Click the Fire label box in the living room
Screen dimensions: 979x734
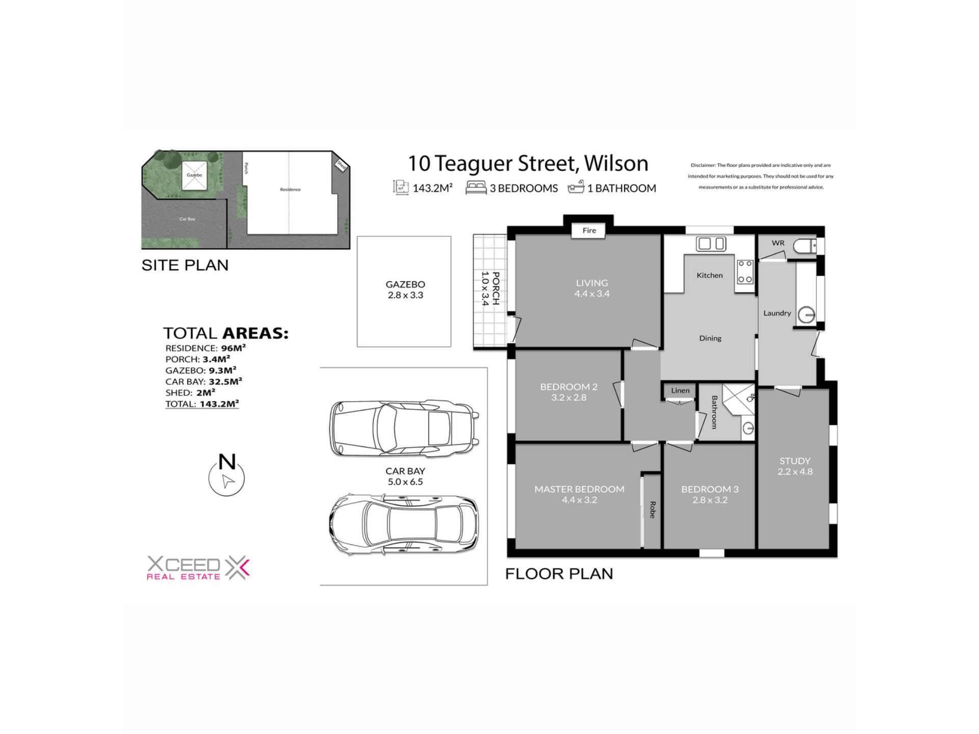589,230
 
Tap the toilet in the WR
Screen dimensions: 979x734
805,247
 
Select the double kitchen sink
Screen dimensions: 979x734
711,244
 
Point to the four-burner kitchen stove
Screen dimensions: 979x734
745,271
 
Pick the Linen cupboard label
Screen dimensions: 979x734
680,390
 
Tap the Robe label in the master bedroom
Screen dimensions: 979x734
652,510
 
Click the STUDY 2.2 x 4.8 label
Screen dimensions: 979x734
795,466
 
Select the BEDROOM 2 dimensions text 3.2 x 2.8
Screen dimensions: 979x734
569,398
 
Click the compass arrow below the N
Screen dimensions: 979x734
228,481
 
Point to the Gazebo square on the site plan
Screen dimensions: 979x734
194,175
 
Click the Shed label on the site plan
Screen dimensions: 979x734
341,166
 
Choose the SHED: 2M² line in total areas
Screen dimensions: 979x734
190,392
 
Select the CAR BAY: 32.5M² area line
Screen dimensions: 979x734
203,381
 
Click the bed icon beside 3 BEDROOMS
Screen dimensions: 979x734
476,188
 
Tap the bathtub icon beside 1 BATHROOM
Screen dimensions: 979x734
576,188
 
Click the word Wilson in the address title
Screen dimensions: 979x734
616,163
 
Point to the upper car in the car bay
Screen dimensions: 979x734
404,428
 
